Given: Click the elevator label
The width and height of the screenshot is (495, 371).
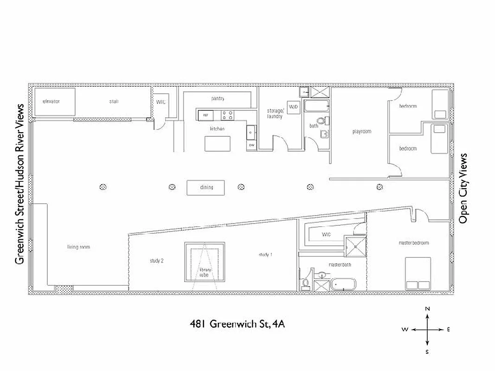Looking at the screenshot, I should [51, 101].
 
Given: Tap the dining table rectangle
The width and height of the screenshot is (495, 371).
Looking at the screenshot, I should [206, 187].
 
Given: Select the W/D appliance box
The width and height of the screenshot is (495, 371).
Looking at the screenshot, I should [293, 107].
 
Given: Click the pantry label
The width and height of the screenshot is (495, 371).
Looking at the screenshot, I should [218, 98].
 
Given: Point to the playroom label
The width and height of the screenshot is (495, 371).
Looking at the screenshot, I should [361, 132].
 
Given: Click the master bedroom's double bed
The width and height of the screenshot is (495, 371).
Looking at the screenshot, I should [418, 274].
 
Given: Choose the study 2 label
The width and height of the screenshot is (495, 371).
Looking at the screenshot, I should [156, 261].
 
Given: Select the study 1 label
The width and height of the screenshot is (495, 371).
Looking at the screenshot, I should [265, 254].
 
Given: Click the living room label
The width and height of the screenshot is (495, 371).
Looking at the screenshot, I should [78, 247].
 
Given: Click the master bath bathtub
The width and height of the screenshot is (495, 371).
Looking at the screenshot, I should [343, 284].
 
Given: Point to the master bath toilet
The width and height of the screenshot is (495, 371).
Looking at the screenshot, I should [305, 283].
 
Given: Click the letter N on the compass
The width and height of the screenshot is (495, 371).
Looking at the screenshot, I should [428, 308].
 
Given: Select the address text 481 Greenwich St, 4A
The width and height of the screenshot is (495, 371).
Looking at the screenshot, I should [237, 324].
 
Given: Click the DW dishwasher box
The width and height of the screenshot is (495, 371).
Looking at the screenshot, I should [251, 145].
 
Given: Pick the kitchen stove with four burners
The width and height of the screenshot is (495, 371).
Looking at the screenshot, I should [227, 114].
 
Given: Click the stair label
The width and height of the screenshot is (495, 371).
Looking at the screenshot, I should [114, 101].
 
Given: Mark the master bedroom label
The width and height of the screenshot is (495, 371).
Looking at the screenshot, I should [413, 243].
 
